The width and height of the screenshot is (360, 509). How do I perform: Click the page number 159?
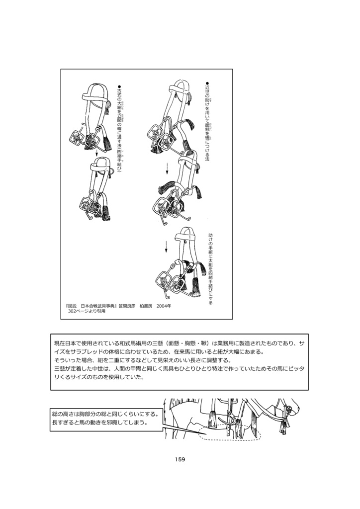[x=180, y=459]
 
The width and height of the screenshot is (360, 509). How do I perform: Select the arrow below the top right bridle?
[x=167, y=168]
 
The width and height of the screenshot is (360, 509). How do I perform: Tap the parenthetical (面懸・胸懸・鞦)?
[x=191, y=343]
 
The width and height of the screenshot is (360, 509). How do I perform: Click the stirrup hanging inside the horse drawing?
[x=230, y=418]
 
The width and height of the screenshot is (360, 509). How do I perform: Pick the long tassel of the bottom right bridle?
[x=195, y=288]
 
